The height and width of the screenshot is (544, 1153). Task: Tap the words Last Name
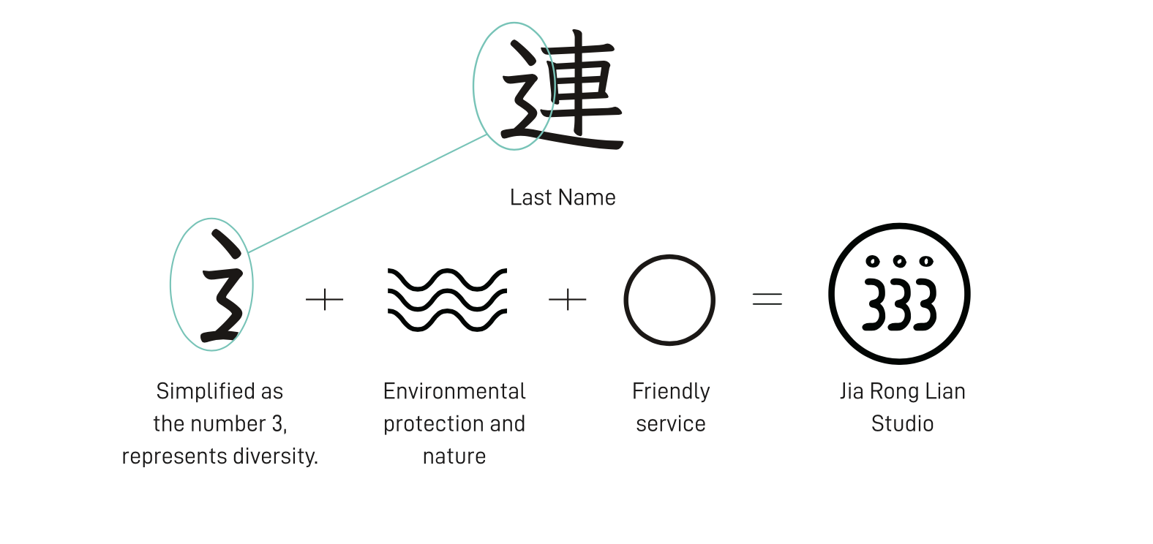click(x=563, y=197)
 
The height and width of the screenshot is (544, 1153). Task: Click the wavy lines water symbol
click(x=447, y=300)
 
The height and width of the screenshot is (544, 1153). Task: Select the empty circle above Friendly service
click(x=669, y=300)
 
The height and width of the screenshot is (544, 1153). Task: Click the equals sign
click(x=767, y=299)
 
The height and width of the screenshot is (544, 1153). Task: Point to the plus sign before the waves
click(x=324, y=300)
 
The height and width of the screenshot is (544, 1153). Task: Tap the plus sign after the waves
click(x=568, y=300)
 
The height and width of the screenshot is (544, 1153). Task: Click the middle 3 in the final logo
click(x=900, y=304)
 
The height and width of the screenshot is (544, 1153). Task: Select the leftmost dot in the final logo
click(x=872, y=261)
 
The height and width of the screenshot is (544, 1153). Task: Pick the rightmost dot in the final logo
click(x=926, y=261)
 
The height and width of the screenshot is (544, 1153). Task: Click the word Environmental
click(x=454, y=391)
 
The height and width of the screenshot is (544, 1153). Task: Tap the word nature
click(x=454, y=456)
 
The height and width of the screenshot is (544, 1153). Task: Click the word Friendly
click(x=671, y=391)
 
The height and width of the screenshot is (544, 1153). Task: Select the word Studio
click(x=902, y=424)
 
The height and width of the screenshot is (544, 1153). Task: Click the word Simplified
click(x=195, y=391)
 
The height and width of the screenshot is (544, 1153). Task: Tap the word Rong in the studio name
click(x=893, y=392)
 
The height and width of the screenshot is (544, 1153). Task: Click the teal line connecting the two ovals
click(x=366, y=194)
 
